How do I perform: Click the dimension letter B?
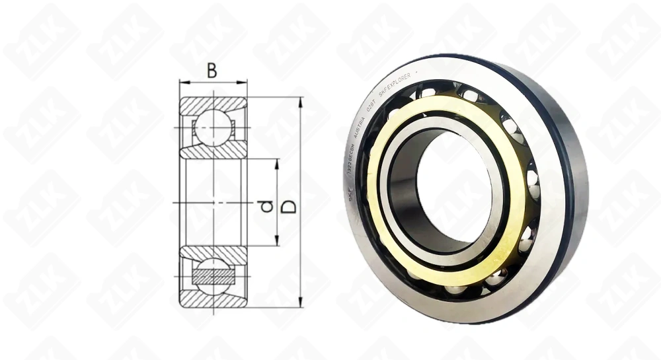212,70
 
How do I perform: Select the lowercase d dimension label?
266,206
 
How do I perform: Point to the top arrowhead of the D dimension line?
301,101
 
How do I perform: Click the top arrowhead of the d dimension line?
277,162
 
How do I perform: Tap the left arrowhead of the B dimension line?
183,83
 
